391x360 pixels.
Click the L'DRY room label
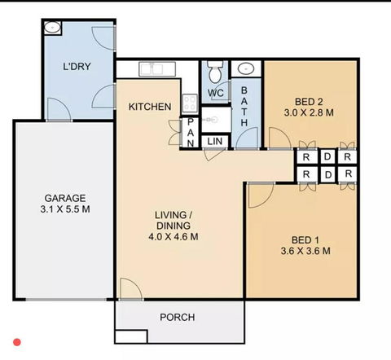coord(77,67)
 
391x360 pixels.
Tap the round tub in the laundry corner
coord(53,27)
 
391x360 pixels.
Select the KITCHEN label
coord(150,107)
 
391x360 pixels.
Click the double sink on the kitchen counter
coord(152,68)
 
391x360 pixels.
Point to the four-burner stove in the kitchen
coord(189,103)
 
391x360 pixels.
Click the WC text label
coord(216,93)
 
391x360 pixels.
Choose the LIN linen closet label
coord(215,143)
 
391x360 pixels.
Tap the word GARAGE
coord(65,198)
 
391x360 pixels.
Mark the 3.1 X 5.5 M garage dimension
coord(66,209)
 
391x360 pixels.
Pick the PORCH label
coord(177,317)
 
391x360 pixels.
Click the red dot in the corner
coord(16,344)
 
